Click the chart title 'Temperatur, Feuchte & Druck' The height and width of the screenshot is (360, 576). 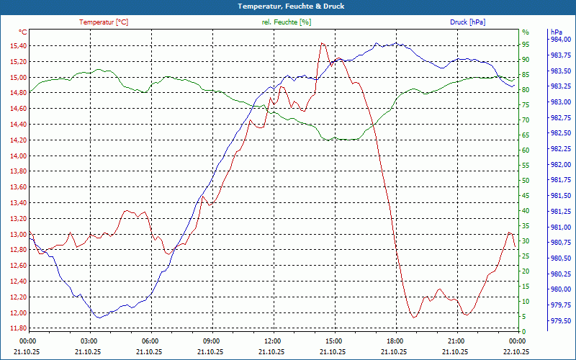(x=287, y=6)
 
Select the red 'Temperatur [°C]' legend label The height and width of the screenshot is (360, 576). (x=104, y=22)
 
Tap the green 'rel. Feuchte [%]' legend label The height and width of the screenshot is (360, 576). (x=287, y=22)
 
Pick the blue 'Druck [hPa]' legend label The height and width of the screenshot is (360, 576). (x=467, y=22)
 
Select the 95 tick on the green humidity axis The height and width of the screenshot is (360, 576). (x=526, y=46)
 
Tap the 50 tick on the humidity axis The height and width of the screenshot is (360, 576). (x=526, y=181)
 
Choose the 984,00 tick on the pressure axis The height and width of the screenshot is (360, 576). (x=561, y=40)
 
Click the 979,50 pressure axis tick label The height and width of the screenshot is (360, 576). (x=561, y=321)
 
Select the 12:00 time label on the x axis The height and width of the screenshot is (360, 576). (x=273, y=340)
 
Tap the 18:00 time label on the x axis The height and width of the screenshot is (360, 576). (x=395, y=340)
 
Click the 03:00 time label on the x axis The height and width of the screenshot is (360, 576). (x=89, y=340)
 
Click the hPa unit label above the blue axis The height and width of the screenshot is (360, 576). (x=556, y=32)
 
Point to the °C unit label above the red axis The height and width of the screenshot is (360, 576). (x=22, y=32)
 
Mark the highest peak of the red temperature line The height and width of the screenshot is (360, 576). (x=322, y=43)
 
